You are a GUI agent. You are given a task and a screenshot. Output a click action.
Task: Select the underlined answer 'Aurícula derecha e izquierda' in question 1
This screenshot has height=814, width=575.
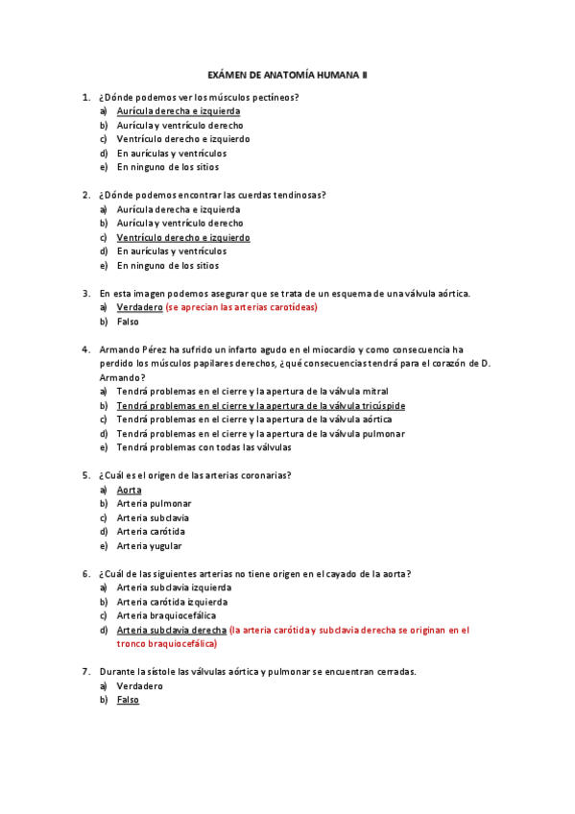(178, 111)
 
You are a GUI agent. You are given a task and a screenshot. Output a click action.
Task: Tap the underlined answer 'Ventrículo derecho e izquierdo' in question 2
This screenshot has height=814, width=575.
(182, 237)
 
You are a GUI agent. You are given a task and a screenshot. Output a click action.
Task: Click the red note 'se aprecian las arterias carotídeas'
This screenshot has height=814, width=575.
(241, 307)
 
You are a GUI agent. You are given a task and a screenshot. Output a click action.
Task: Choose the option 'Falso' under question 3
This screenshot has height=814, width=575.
(128, 322)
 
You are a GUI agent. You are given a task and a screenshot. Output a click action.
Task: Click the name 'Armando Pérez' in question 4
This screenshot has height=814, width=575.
(132, 349)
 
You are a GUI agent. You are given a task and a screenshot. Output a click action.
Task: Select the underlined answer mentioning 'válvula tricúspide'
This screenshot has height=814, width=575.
(260, 406)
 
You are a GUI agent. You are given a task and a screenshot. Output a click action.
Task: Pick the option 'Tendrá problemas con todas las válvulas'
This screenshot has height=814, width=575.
(204, 447)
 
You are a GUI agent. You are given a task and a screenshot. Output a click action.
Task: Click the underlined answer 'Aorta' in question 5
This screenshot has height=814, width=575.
(129, 490)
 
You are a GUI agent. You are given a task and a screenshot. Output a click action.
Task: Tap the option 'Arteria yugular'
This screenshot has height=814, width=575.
(149, 546)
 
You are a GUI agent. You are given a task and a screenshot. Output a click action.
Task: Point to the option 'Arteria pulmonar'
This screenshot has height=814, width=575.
(154, 504)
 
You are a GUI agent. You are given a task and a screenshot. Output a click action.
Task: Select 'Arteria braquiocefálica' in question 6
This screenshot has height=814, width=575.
(166, 615)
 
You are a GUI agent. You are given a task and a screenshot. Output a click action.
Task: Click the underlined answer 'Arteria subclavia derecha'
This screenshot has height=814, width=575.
(172, 630)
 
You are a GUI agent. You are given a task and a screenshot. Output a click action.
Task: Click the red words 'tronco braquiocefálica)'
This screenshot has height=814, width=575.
(166, 644)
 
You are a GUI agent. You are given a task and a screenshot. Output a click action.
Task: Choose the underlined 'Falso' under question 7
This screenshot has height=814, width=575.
(128, 700)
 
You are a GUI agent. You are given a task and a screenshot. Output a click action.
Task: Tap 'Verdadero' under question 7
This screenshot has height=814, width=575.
(140, 686)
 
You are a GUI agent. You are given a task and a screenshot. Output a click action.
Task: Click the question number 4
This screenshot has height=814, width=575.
(86, 349)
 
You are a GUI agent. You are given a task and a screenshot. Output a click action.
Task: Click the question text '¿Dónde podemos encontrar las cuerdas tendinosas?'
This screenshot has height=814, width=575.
(212, 195)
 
